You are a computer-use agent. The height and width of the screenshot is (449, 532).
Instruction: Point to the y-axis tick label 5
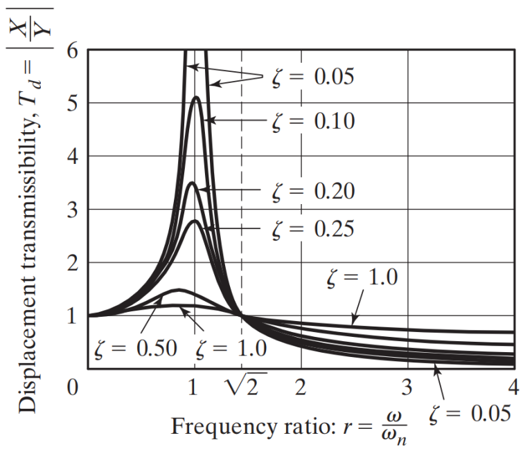coord(73,104)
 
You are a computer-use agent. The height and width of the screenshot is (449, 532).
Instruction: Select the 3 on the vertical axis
coord(73,210)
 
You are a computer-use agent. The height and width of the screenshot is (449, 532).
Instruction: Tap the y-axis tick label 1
coord(73,316)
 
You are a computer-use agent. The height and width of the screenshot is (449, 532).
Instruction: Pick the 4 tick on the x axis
coord(513,386)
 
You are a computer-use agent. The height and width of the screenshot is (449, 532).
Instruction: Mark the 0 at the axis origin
coord(73,386)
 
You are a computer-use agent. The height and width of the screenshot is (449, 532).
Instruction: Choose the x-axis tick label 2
coord(301,386)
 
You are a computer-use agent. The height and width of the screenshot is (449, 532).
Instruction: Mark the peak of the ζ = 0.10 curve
coord(197,97)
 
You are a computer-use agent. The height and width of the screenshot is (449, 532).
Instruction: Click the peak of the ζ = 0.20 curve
coord(194,183)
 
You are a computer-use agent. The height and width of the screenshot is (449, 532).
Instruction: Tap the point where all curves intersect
coord(242,316)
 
